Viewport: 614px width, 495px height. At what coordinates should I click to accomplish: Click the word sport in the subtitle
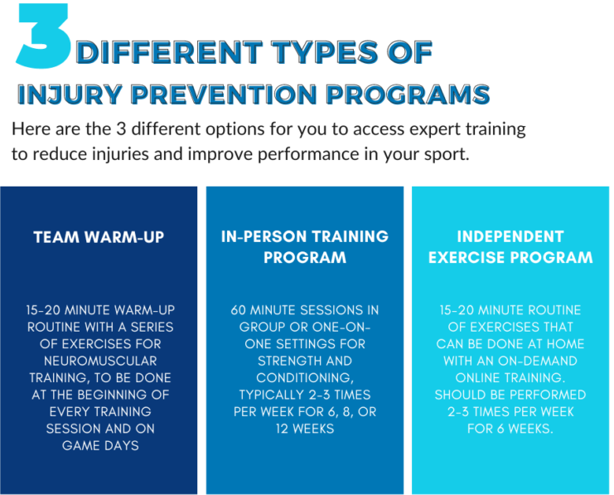(448, 154)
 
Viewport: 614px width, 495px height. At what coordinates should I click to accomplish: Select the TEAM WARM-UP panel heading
(99, 236)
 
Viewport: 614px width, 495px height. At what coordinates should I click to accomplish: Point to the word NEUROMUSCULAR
(99, 361)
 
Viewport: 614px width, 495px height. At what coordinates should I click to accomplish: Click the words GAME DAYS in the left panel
(99, 444)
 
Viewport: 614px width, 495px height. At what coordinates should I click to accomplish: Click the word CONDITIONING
(304, 377)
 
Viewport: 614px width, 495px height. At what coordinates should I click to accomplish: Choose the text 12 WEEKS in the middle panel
(304, 428)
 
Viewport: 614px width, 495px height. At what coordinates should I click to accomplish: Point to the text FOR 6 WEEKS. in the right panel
(510, 428)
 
